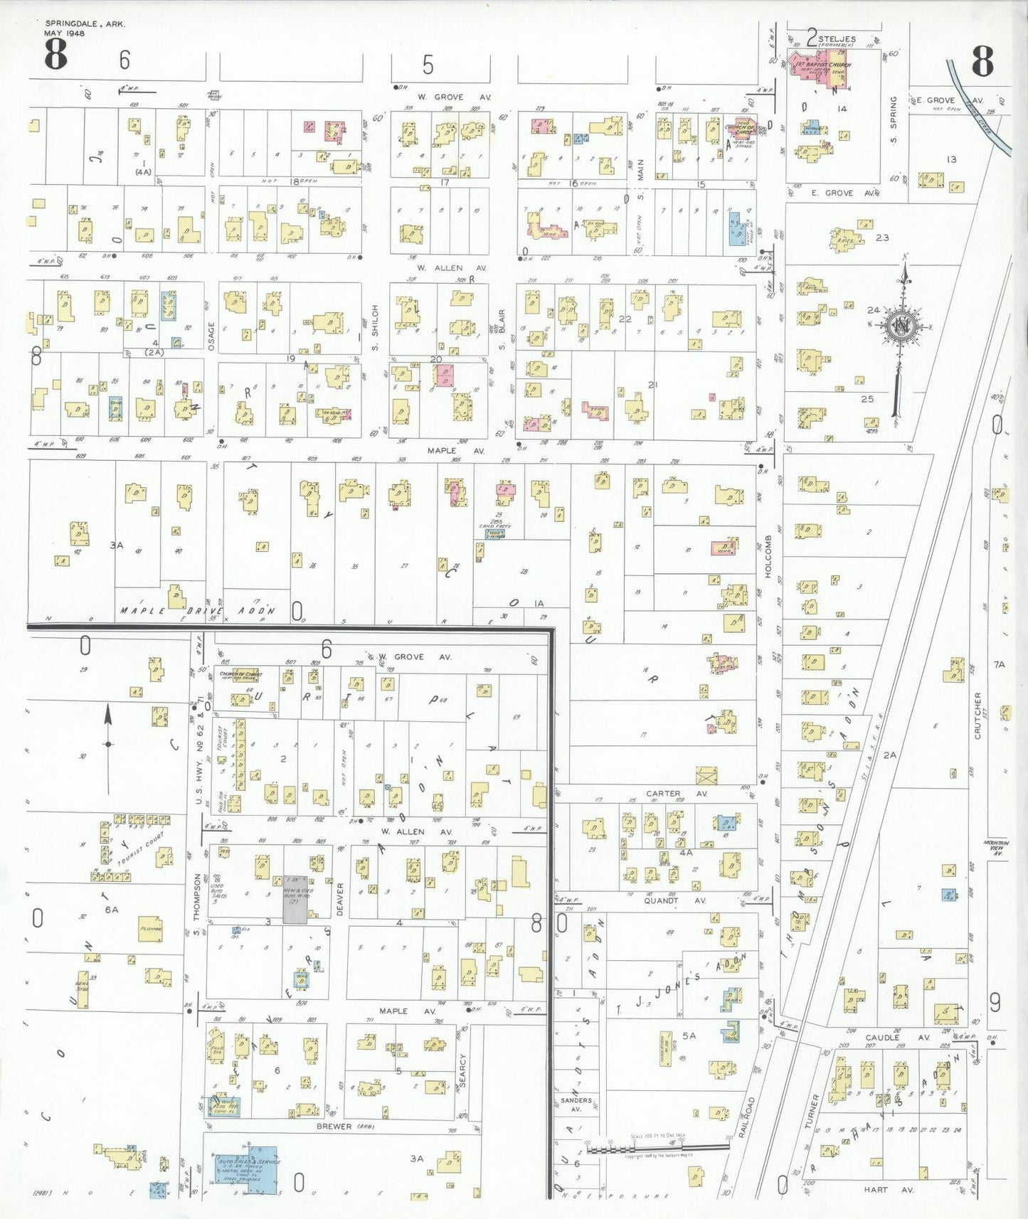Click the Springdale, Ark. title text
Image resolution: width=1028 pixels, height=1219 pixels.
coord(85,24)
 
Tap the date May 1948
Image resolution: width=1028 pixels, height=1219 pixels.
coord(64,33)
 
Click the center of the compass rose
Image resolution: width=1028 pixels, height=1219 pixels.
coord(902,326)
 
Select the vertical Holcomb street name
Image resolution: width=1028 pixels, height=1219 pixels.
coord(768,555)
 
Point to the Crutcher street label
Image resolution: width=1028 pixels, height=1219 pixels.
coord(977,715)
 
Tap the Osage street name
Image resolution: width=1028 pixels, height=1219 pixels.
coord(211,336)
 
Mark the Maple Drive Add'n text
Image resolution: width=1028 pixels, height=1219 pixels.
coord(197,611)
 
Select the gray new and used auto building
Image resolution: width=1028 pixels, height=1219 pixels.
coord(295,900)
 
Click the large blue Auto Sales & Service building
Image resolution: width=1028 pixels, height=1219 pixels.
coord(246,1169)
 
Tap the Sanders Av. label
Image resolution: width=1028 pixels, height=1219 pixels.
coord(576,1104)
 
